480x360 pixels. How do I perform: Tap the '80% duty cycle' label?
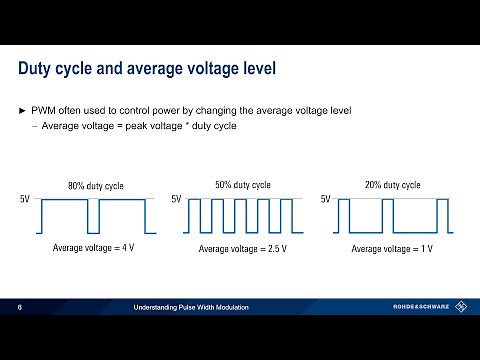(x=96, y=185)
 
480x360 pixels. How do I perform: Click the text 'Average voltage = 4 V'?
(x=94, y=248)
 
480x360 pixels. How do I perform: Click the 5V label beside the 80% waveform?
(x=25, y=200)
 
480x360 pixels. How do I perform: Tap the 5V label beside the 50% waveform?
(x=176, y=200)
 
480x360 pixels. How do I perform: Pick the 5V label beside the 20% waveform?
(x=325, y=200)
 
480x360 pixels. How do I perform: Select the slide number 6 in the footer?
(x=21, y=307)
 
